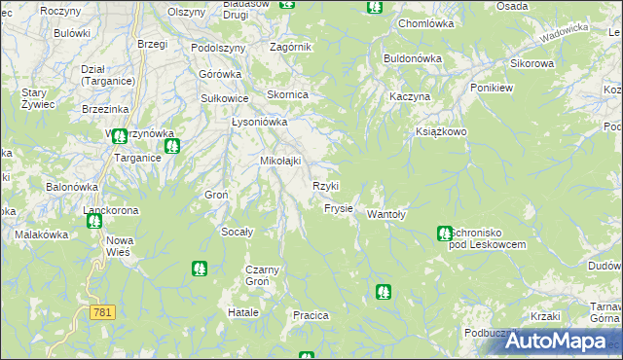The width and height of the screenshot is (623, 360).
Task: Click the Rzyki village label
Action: [325, 186]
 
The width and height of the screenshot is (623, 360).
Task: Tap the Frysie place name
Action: [338, 209]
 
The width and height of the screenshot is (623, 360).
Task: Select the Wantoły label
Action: [386, 215]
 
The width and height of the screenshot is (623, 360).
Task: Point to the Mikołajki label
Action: [279, 161]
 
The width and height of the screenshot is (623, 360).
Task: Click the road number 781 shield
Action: [101, 312]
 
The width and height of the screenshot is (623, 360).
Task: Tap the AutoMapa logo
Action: [555, 342]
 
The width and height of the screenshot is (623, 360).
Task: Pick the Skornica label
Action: [288, 94]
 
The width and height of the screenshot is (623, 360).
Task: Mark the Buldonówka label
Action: [413, 58]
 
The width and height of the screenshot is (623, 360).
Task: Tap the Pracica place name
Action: [311, 316]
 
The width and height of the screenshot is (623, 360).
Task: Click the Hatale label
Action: [242, 312]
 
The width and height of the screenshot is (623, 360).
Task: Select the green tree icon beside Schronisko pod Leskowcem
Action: [444, 233]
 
